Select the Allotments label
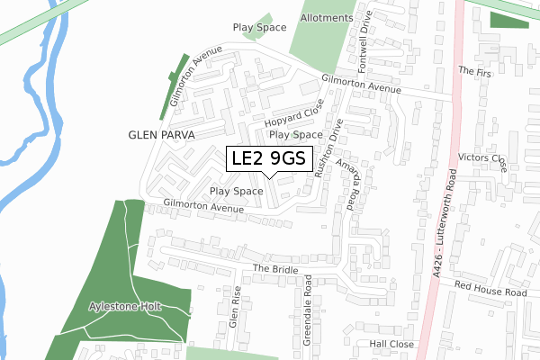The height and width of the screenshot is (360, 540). pyautogui.click(x=325, y=43)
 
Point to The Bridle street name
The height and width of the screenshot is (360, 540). pyautogui.click(x=274, y=269)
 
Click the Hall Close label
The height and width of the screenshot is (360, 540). pyautogui.click(x=391, y=344)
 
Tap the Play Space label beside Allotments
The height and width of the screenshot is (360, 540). pyautogui.click(x=259, y=29)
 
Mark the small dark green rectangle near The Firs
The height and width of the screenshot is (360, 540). pyautogui.click(x=509, y=20)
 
